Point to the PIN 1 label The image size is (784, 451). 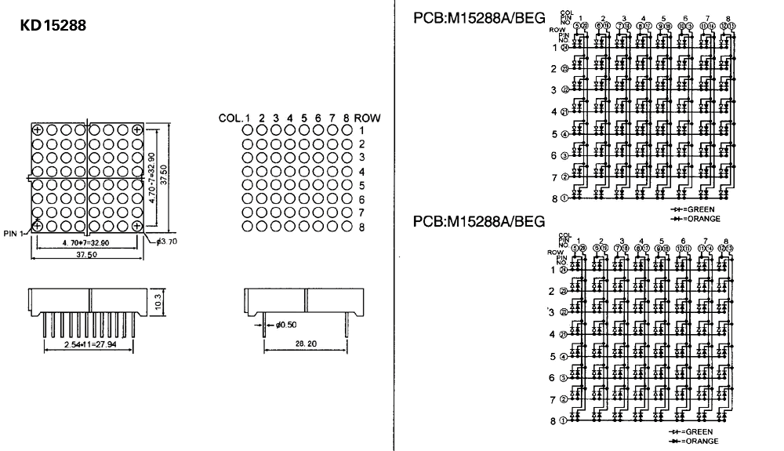(14, 233)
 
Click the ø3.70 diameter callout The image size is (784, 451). (166, 242)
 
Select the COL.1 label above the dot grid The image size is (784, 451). (234, 118)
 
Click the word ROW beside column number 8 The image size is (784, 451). (367, 118)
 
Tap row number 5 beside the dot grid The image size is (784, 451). (362, 186)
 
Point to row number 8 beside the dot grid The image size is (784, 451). (362, 227)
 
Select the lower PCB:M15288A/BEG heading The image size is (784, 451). (478, 222)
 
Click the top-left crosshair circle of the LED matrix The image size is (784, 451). (38, 129)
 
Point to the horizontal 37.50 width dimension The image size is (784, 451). (86, 255)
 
